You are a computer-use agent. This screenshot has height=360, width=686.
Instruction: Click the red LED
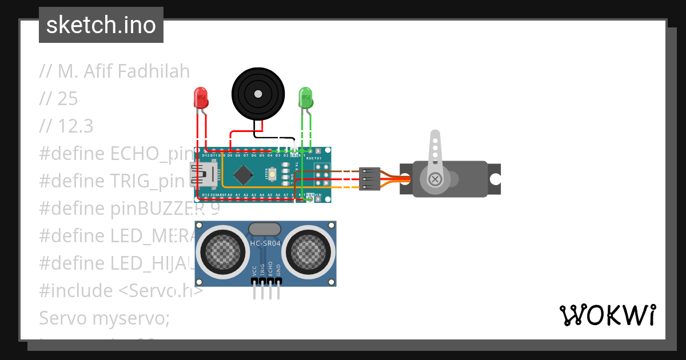coord(201,99)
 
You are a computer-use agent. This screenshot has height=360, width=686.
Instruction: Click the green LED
coord(306,98)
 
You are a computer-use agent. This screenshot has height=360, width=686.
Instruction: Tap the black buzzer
coord(257,94)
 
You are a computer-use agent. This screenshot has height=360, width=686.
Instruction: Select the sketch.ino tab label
coord(101,25)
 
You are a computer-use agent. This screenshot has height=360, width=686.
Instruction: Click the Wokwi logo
coord(607,315)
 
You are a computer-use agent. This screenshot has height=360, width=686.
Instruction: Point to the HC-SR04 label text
coord(265,243)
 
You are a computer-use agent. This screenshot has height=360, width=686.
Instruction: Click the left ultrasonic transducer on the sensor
coord(220,250)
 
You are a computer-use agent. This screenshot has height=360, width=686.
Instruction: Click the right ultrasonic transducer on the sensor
coord(309,250)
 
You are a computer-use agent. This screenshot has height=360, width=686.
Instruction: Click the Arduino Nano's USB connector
coord(203,174)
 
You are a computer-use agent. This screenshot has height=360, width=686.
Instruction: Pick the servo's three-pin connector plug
coord(369,179)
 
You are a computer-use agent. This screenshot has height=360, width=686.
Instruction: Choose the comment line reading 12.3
coord(66,126)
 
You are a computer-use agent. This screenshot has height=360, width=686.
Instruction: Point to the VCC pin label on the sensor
coord(254,270)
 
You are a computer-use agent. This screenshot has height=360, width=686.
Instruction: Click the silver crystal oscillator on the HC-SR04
coord(265,229)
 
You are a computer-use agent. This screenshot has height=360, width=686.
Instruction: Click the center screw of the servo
coord(436,179)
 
